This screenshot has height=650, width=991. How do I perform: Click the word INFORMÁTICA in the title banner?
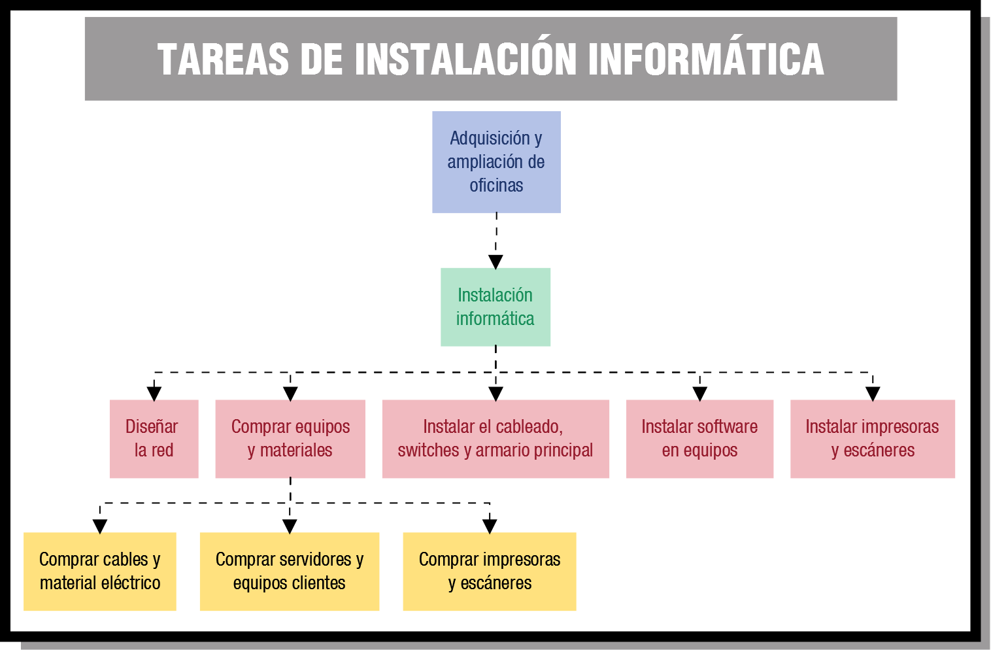click(x=706, y=60)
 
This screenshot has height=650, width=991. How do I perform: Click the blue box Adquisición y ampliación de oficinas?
click(x=496, y=162)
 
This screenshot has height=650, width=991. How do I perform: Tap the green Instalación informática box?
click(x=495, y=307)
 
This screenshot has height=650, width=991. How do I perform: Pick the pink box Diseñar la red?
click(x=154, y=439)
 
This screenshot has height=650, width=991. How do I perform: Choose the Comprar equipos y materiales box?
click(x=290, y=439)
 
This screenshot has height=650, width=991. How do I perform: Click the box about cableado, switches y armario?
click(x=495, y=439)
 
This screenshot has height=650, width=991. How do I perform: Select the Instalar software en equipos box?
click(x=699, y=439)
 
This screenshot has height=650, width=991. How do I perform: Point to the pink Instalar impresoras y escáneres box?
click(x=872, y=439)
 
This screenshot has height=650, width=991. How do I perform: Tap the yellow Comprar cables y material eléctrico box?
click(x=100, y=571)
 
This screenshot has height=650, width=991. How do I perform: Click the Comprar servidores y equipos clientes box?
click(x=290, y=571)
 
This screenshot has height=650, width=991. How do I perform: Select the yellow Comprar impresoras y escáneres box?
click(x=490, y=571)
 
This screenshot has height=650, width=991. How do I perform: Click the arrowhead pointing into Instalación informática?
click(x=495, y=262)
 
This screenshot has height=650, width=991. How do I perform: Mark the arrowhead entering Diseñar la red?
click(x=154, y=394)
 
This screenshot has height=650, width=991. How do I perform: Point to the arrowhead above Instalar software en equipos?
click(x=700, y=394)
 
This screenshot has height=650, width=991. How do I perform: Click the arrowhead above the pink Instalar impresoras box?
click(x=873, y=394)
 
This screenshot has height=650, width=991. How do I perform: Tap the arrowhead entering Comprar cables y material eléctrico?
click(x=100, y=526)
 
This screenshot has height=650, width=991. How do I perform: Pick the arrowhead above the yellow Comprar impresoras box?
click(x=490, y=526)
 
